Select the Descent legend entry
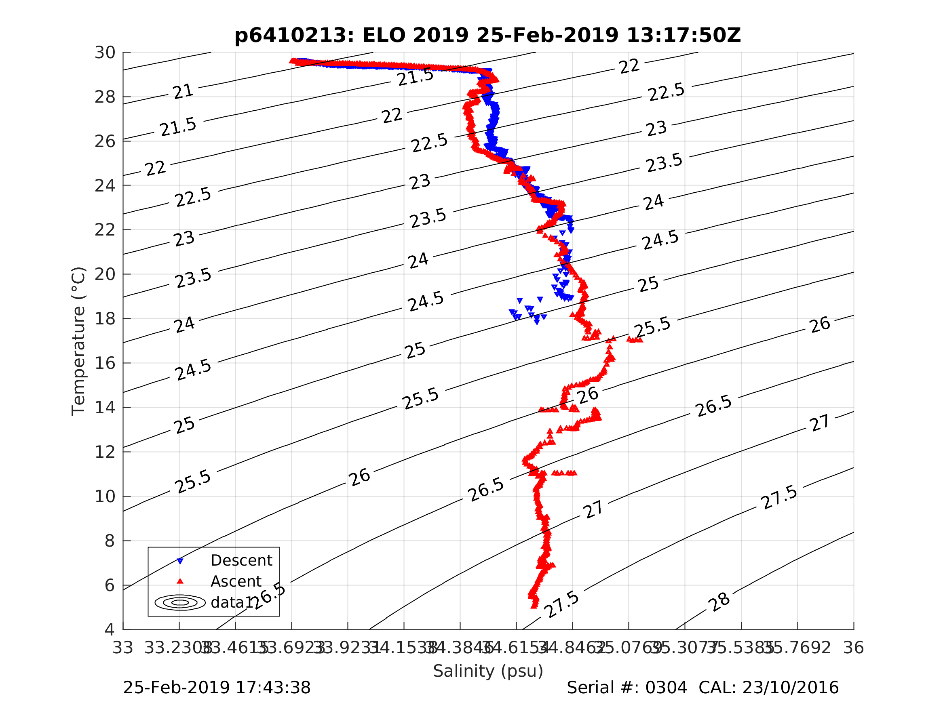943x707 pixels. [241, 560]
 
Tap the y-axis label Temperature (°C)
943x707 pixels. [79, 341]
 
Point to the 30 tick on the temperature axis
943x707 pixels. [105, 53]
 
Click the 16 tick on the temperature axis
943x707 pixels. [105, 364]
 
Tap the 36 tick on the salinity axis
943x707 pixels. [854, 648]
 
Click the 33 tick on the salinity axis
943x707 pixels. [123, 648]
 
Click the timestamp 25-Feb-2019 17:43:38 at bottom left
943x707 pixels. [217, 688]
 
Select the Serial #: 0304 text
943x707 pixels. [627, 688]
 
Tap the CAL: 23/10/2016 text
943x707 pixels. [768, 688]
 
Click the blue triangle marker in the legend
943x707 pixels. [180, 561]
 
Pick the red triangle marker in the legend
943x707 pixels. [180, 581]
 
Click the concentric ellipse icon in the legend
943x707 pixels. [180, 603]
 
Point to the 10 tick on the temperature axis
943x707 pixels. [105, 497]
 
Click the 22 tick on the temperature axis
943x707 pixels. [105, 230]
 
